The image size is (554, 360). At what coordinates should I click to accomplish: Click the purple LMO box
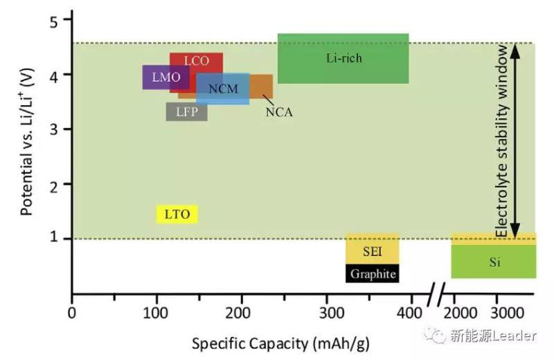click(x=157, y=78)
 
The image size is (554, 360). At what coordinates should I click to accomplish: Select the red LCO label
click(x=197, y=61)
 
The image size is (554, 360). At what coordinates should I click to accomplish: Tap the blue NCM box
click(x=222, y=89)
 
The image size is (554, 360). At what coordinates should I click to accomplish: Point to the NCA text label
click(x=279, y=111)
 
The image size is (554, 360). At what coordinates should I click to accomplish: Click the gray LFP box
click(x=186, y=111)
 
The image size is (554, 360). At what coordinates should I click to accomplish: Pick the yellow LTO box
click(x=177, y=214)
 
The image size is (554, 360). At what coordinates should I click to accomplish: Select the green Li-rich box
click(x=343, y=58)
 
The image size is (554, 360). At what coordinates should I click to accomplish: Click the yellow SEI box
click(x=372, y=251)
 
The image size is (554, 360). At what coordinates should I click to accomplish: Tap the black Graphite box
click(x=373, y=274)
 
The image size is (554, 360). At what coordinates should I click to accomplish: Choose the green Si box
click(x=493, y=262)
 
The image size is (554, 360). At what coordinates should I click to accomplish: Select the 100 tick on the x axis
click(x=156, y=312)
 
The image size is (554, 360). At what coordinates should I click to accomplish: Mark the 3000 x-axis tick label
click(x=509, y=312)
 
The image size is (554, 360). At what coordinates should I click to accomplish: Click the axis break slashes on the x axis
click(x=436, y=296)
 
